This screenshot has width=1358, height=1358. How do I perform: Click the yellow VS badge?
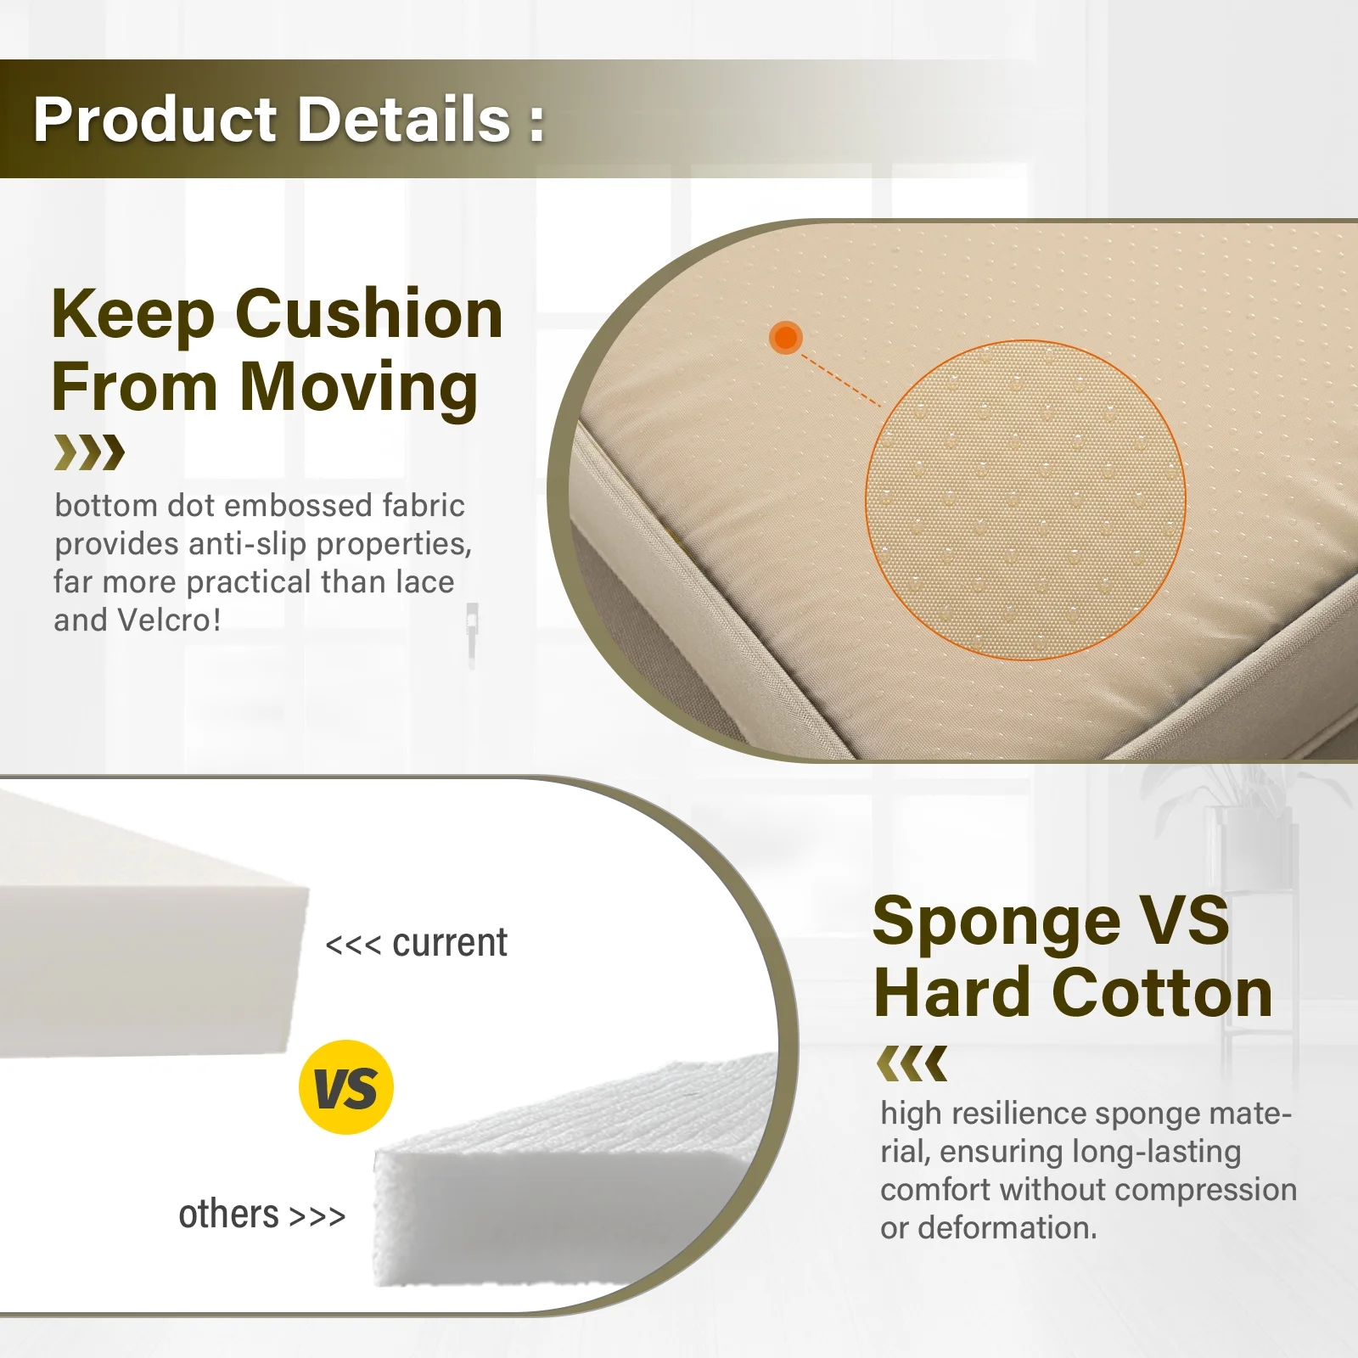click(x=346, y=1087)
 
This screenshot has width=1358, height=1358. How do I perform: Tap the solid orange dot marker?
click(x=786, y=337)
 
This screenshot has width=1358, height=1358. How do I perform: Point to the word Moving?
click(x=359, y=387)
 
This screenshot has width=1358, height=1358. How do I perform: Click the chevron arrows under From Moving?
click(x=89, y=452)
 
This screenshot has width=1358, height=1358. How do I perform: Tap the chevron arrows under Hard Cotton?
click(x=912, y=1063)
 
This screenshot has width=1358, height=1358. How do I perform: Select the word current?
click(x=450, y=943)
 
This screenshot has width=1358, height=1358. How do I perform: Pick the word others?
click(x=228, y=1214)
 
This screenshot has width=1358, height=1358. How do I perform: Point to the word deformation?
click(x=1007, y=1227)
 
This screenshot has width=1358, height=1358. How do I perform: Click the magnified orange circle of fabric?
click(x=1025, y=500)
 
